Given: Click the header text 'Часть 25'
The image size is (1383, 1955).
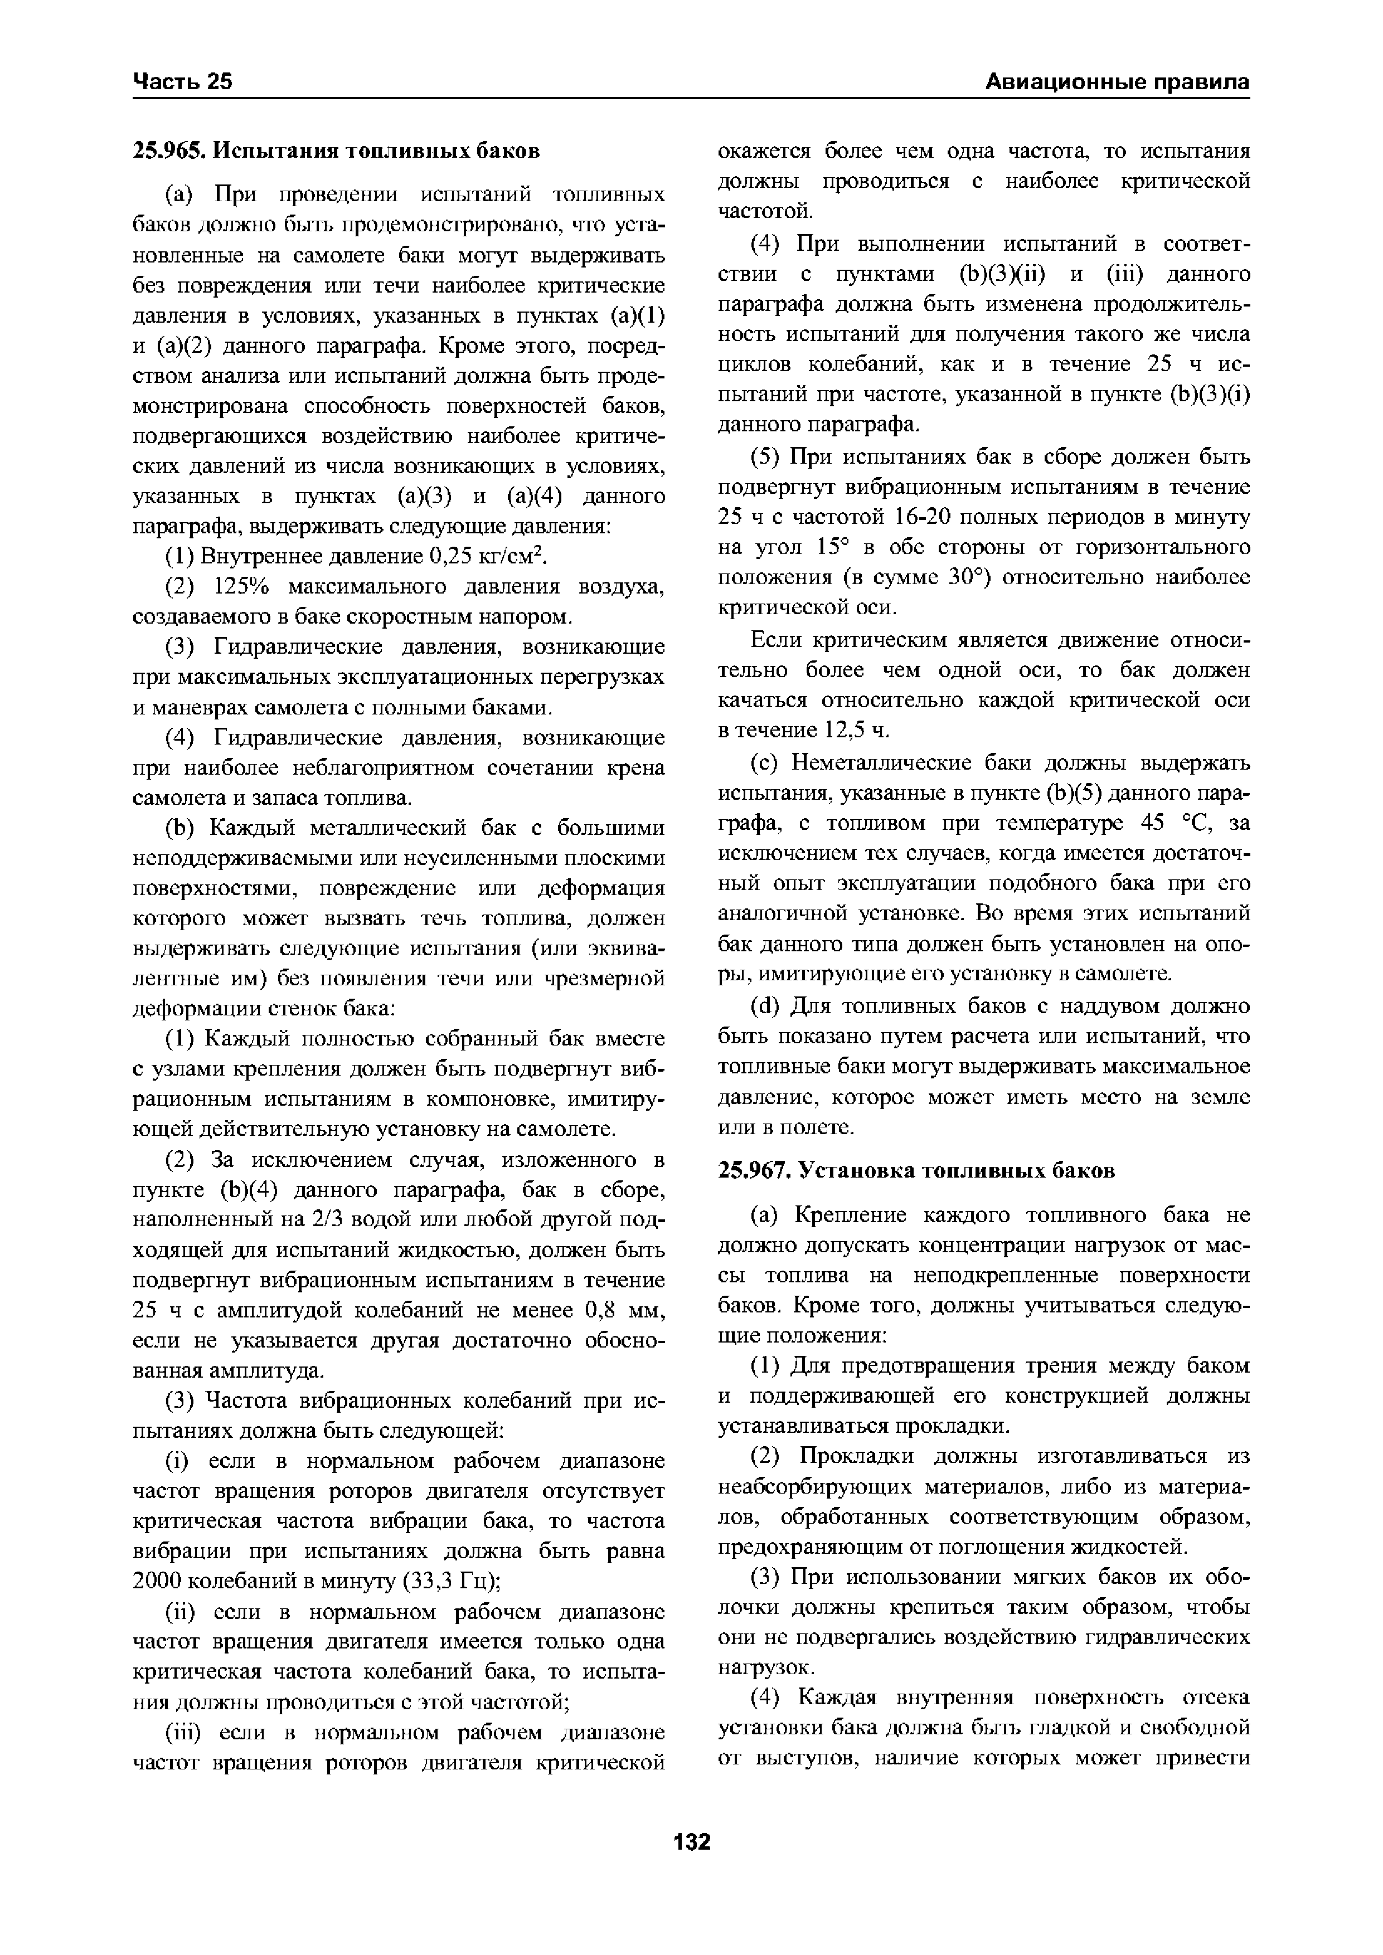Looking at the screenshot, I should (183, 82).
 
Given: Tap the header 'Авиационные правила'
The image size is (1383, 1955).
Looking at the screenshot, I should (1117, 82).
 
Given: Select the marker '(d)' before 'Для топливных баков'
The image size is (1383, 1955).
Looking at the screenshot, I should (766, 1006).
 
